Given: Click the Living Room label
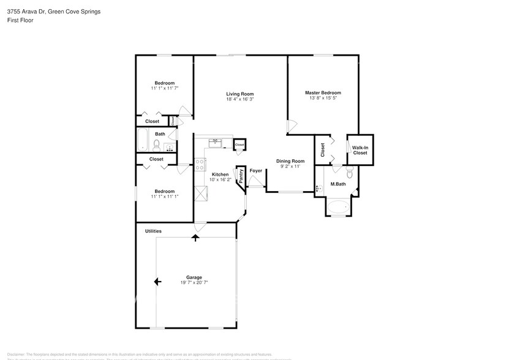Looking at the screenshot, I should click(x=240, y=94).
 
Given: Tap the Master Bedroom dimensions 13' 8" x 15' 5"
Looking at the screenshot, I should click(x=322, y=99).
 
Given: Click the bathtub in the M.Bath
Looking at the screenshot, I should click(x=337, y=208).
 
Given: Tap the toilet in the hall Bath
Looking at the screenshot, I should click(x=156, y=145).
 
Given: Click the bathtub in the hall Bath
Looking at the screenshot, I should click(x=141, y=140).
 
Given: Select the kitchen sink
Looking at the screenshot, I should click(x=216, y=143).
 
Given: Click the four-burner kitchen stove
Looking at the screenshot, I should click(x=200, y=163).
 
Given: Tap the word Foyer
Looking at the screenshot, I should click(x=255, y=171).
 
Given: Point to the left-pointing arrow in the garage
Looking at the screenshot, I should click(x=157, y=281).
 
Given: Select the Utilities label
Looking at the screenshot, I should click(x=153, y=231).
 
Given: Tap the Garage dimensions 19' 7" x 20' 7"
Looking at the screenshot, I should click(x=194, y=282).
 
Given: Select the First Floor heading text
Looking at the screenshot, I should click(x=21, y=20).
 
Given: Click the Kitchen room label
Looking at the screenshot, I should click(x=203, y=174).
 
